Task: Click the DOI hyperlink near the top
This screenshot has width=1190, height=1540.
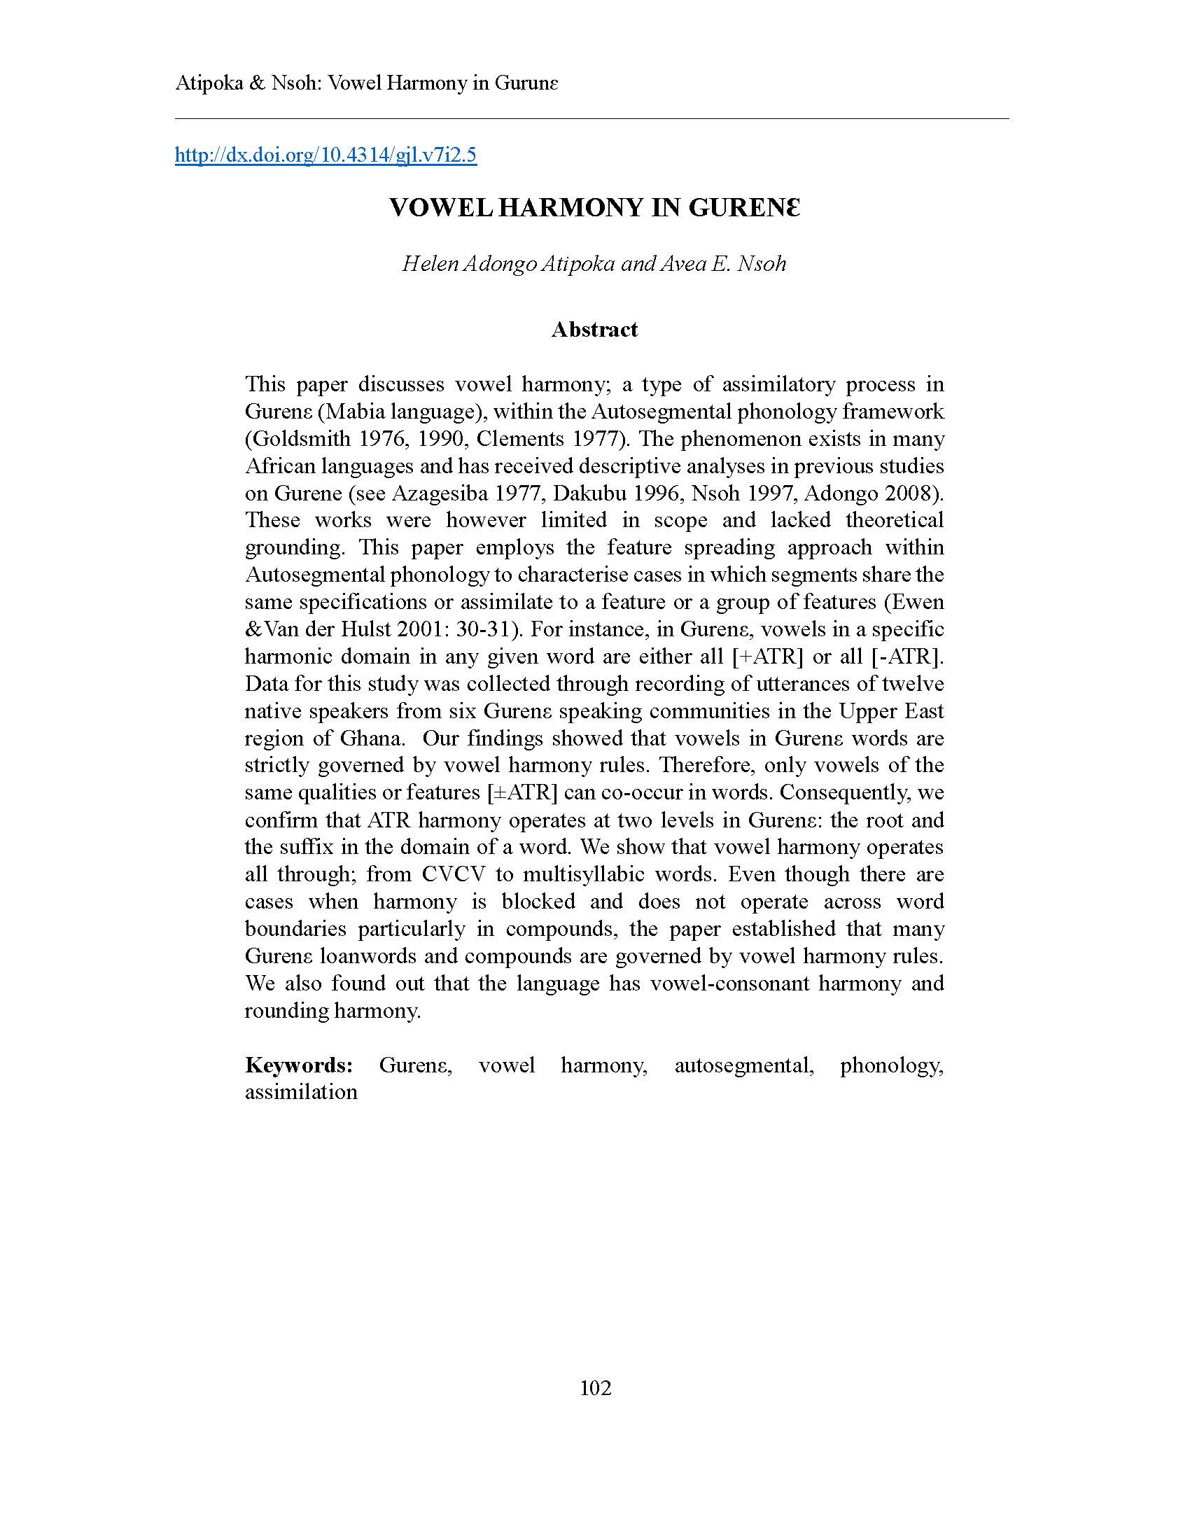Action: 325,155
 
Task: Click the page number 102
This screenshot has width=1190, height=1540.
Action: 595,1387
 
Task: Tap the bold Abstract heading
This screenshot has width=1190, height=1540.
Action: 594,329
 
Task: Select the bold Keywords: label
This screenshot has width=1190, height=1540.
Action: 299,1064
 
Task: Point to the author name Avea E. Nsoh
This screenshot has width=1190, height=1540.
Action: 722,264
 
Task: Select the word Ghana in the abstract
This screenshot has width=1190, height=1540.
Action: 372,738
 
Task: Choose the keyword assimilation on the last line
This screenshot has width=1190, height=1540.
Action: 301,1091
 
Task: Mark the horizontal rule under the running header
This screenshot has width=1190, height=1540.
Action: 592,119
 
